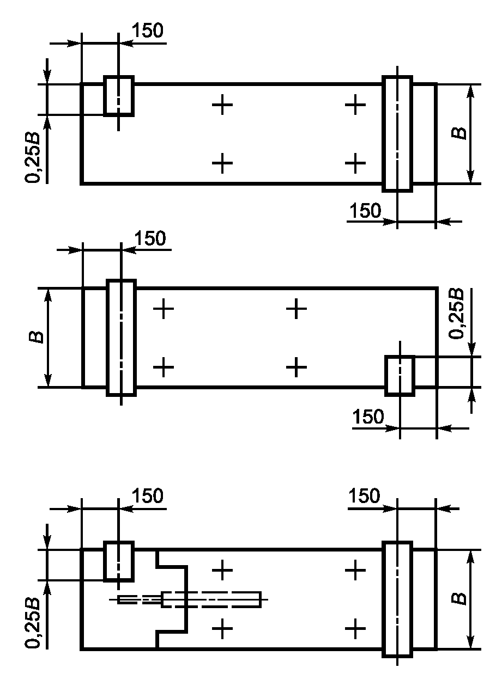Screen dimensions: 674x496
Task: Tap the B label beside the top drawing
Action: pyautogui.click(x=461, y=132)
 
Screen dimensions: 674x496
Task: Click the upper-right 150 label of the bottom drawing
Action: pyautogui.click(x=364, y=497)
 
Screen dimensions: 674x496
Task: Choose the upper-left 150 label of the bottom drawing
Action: pyautogui.click(x=147, y=497)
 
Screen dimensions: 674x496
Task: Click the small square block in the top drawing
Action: pyautogui.click(x=118, y=96)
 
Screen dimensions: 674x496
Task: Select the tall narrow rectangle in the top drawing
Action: pyautogui.click(x=397, y=134)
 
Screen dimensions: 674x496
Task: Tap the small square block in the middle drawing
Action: pyautogui.click(x=400, y=375)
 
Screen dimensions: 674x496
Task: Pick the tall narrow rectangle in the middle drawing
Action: pyautogui.click(x=121, y=338)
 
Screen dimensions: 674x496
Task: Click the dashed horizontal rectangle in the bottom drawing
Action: pyautogui.click(x=211, y=599)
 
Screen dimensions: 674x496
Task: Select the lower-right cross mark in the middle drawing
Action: pyautogui.click(x=297, y=367)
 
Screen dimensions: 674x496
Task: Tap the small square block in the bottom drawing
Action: pyautogui.click(x=118, y=561)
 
